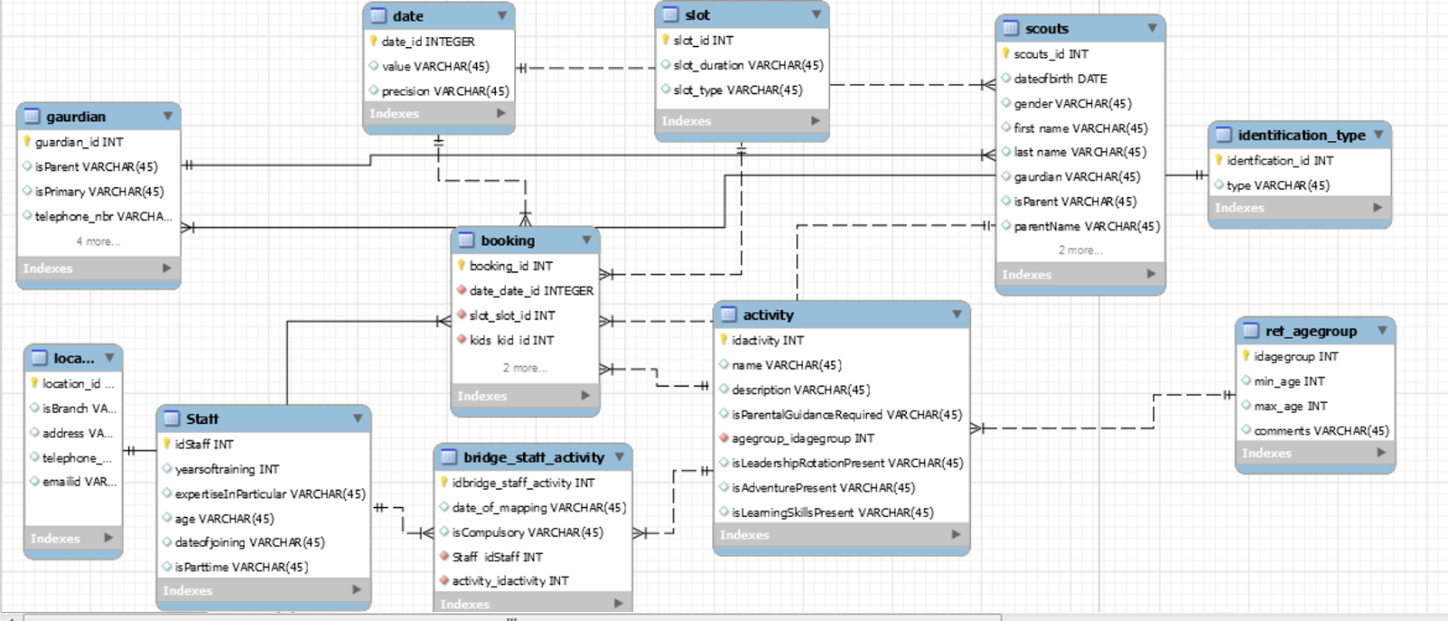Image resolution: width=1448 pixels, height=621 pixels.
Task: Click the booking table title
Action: click(x=508, y=241)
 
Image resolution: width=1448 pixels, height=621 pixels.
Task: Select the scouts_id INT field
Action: click(x=1051, y=54)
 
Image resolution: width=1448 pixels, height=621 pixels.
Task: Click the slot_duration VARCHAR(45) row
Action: click(x=748, y=65)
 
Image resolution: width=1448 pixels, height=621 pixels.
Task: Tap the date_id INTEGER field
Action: click(x=427, y=42)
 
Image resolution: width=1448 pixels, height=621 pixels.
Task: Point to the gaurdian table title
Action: click(x=76, y=117)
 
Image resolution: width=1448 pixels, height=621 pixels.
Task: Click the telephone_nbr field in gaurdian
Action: click(x=102, y=216)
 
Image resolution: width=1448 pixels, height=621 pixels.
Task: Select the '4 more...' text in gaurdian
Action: click(x=98, y=242)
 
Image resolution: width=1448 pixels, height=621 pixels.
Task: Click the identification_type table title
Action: click(x=1300, y=136)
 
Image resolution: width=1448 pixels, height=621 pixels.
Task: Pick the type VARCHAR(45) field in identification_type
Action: click(x=1278, y=186)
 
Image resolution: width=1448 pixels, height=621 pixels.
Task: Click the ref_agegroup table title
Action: click(x=1310, y=331)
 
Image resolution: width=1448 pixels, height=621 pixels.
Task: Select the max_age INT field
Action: click(x=1290, y=406)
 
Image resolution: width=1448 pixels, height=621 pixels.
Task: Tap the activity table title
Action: click(x=767, y=315)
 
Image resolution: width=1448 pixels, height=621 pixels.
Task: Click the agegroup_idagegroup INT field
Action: click(x=803, y=438)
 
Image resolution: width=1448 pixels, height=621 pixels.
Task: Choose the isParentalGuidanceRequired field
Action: click(x=846, y=415)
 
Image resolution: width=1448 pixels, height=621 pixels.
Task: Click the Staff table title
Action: click(x=202, y=419)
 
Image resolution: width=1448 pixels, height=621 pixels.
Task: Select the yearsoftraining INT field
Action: click(x=226, y=469)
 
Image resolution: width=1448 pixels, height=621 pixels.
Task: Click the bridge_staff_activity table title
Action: click(x=533, y=458)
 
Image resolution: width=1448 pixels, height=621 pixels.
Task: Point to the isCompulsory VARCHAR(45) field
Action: click(x=527, y=532)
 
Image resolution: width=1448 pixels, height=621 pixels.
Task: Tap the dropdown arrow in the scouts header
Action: click(x=1151, y=28)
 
